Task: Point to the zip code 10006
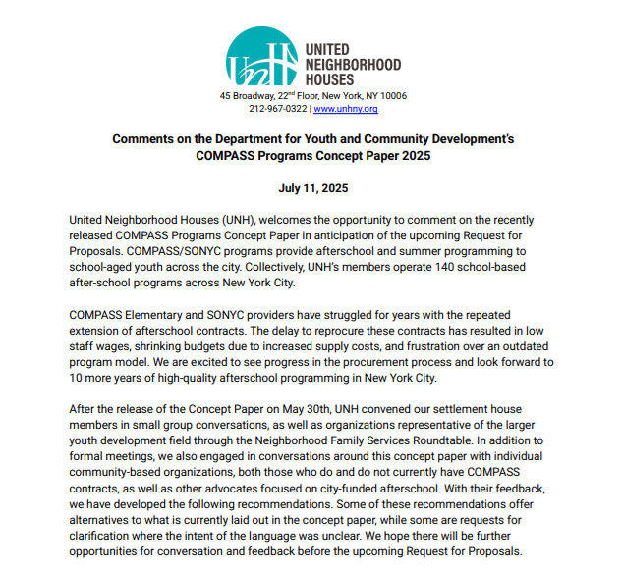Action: (393, 96)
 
